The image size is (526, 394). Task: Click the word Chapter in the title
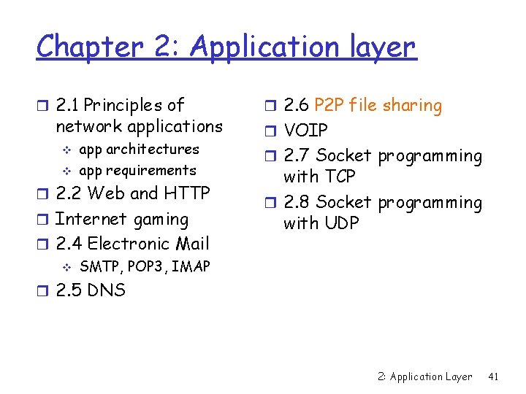(x=81, y=48)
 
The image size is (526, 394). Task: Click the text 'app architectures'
(x=139, y=150)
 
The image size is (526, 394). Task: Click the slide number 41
(x=493, y=376)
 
